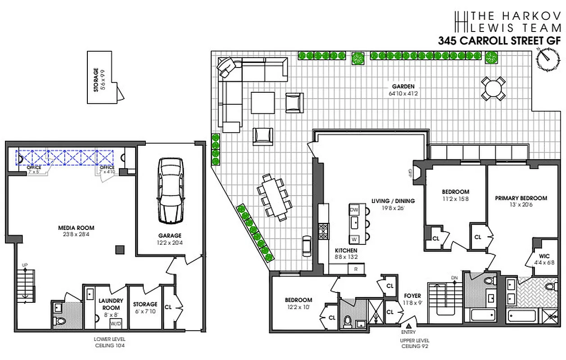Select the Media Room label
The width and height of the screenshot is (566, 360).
coord(76,228)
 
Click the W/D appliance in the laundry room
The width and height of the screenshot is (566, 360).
coord(115,323)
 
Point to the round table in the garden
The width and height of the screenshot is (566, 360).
coord(494,88)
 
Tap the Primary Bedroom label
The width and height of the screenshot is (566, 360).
coord(521,198)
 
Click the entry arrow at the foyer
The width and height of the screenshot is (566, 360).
coord(409,326)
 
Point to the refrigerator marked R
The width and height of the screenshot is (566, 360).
coord(356,269)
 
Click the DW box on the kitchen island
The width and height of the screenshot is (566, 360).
coord(354,210)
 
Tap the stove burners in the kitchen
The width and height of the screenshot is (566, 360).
coord(323,231)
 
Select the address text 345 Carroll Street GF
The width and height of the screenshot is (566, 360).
coord(500,40)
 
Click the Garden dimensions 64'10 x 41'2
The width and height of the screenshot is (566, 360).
coord(403,94)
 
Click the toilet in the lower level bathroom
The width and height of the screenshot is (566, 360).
coord(59,321)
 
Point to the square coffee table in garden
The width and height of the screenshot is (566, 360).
coord(263,103)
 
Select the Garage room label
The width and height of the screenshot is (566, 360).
coord(170,235)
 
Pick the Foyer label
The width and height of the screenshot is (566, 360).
coord(412,296)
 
